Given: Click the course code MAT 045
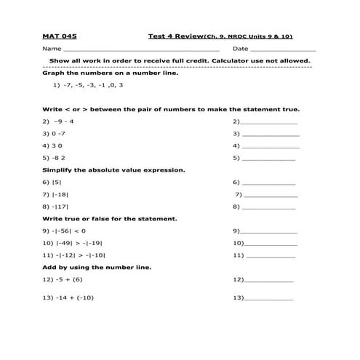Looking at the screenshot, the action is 60,36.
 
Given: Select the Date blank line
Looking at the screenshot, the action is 285,49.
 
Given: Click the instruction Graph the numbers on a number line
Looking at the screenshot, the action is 111,73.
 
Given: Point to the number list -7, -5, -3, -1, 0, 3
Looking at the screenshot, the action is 88,85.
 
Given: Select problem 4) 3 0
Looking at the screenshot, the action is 52,145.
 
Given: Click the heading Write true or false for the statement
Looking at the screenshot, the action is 110,218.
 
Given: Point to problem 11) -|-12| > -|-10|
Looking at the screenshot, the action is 74,255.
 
